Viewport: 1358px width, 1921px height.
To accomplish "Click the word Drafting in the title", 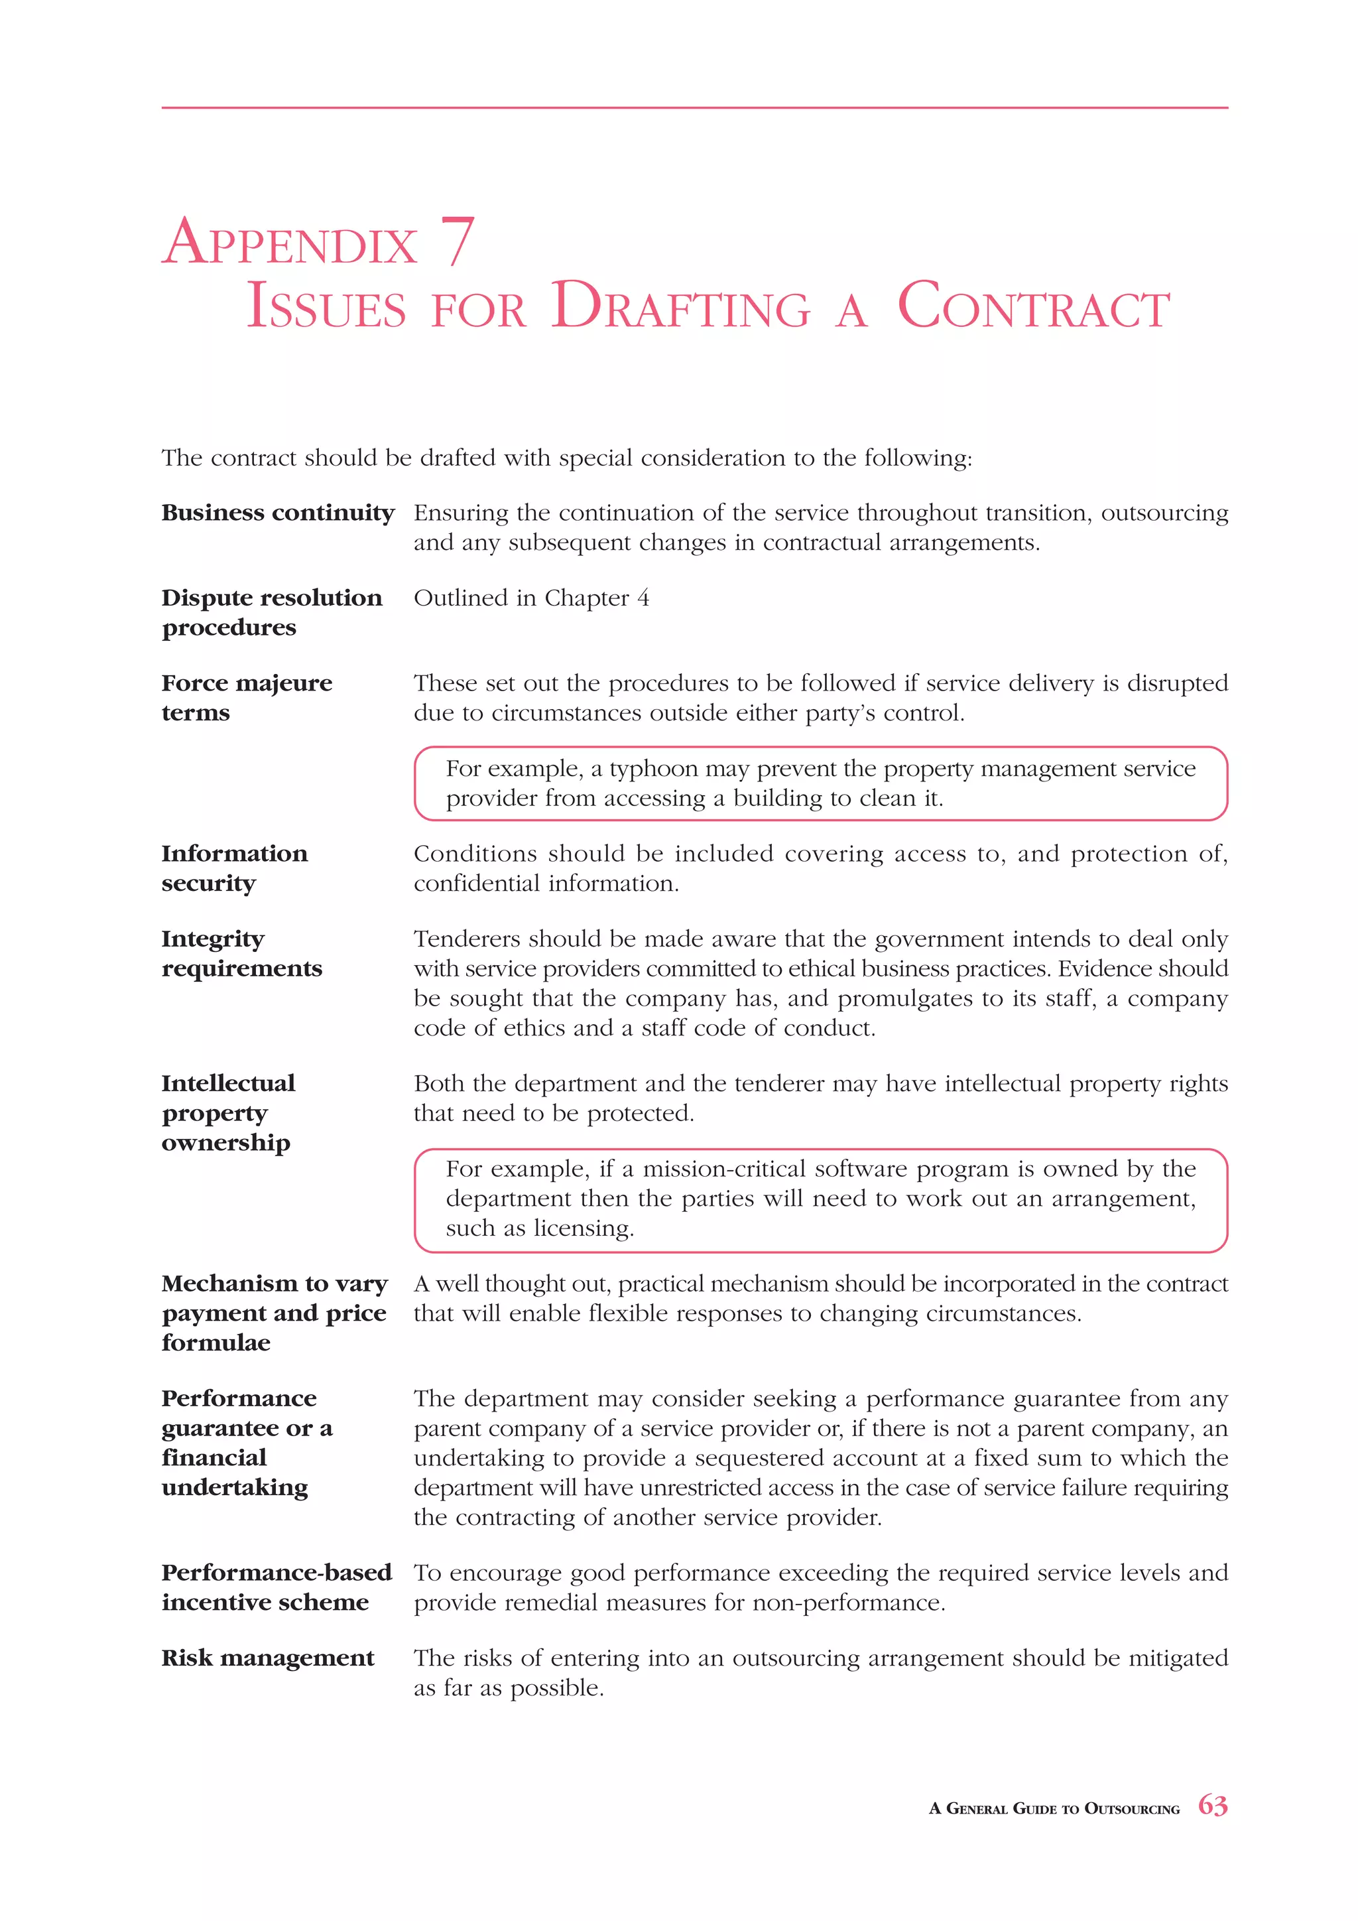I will click(x=681, y=307).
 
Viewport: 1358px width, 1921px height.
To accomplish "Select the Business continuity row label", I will click(x=278, y=513).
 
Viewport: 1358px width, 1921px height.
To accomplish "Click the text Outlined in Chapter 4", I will click(x=531, y=598).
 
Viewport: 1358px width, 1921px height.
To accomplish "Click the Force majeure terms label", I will click(x=247, y=698).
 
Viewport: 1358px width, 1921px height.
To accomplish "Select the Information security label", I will click(x=234, y=868).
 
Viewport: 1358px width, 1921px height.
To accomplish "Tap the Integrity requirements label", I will click(x=241, y=954).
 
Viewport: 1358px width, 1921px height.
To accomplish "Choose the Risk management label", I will click(x=268, y=1658).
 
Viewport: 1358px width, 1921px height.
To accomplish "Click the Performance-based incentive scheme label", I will click(x=276, y=1587).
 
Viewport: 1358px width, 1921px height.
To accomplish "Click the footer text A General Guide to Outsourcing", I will click(x=1054, y=1808).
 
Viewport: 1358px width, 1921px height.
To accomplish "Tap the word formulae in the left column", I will click(x=216, y=1343).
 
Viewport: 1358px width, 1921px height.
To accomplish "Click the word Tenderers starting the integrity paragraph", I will click(x=465, y=939).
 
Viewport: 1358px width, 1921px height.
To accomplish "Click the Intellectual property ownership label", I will click(x=227, y=1113).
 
